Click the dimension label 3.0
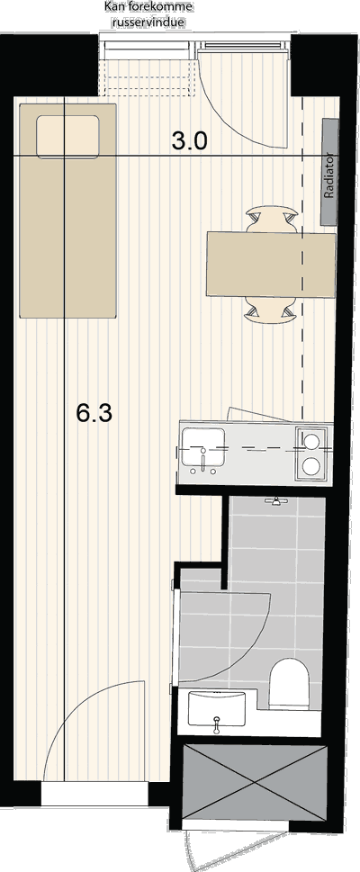[x=189, y=142]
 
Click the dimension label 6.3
[x=94, y=413]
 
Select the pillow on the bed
[x=67, y=136]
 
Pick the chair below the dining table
[x=270, y=312]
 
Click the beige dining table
[x=271, y=265]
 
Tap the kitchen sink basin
[x=202, y=447]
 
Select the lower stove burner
[x=311, y=466]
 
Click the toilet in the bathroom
[x=289, y=683]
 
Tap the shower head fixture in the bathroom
[x=274, y=501]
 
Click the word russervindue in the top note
[x=148, y=22]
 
